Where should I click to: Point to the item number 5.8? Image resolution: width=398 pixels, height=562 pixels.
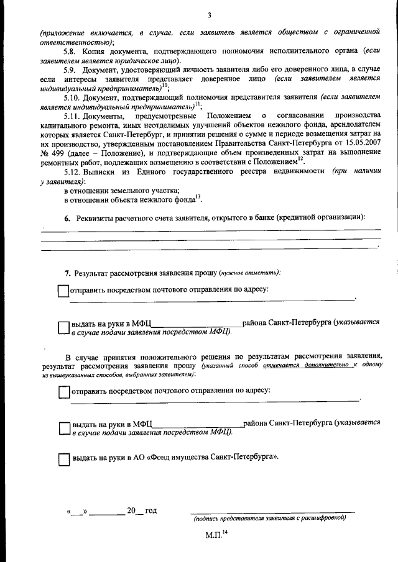point(72,51)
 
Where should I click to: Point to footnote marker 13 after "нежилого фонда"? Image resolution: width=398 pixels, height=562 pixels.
point(198,197)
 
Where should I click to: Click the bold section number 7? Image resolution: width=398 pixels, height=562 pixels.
point(68,273)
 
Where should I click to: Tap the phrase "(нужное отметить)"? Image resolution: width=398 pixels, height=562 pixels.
point(249,273)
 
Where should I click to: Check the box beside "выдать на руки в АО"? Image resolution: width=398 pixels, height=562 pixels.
point(63,460)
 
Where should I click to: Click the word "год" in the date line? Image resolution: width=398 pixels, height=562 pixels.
point(150,511)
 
